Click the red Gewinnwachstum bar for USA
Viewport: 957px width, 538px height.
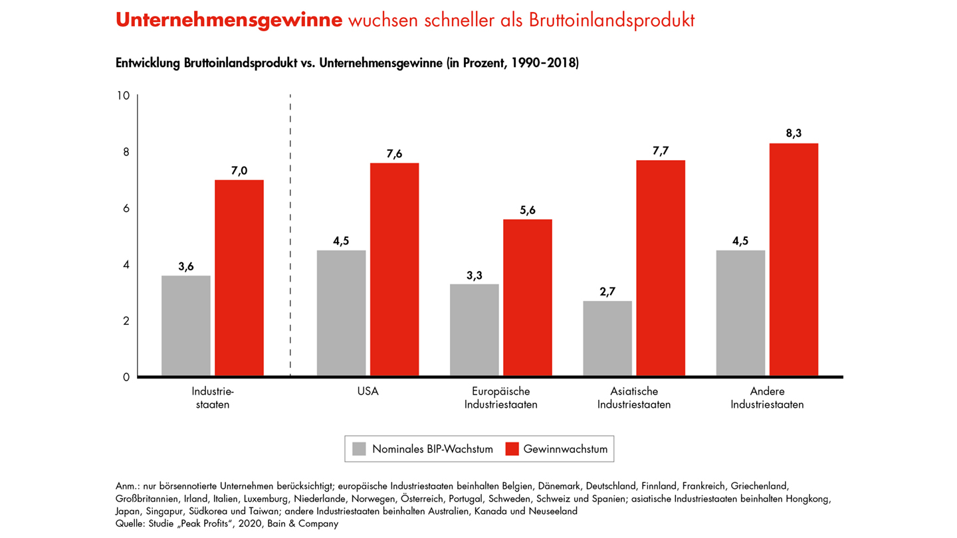pos(394,270)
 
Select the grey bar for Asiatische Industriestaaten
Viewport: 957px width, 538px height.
pos(607,339)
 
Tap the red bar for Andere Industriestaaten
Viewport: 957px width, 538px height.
pos(794,260)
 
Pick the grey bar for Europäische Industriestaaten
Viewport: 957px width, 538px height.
pos(474,330)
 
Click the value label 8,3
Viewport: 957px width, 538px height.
pos(794,134)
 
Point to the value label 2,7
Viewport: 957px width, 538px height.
pos(607,291)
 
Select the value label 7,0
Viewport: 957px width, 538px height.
pos(239,171)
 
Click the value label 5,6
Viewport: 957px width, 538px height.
pos(528,210)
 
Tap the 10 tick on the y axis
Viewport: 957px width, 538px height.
pos(123,96)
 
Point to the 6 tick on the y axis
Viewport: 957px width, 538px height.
pos(126,209)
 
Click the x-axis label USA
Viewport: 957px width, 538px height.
pos(368,391)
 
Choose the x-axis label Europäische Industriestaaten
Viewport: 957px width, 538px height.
pos(500,397)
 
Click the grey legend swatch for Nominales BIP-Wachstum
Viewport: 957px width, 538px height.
pos(359,449)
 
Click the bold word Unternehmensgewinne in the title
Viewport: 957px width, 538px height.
pos(229,20)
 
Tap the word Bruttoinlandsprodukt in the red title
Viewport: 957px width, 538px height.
pos(611,20)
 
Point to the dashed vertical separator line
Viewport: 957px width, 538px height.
pos(290,232)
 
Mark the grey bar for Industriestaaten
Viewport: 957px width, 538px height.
pos(186,326)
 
